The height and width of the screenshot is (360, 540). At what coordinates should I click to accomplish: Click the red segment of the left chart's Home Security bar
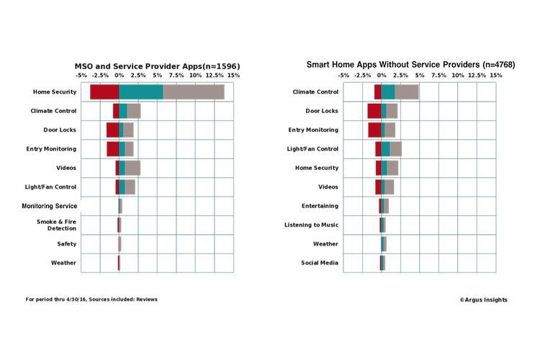point(104,92)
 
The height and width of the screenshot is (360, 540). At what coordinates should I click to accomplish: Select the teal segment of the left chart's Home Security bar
point(141,92)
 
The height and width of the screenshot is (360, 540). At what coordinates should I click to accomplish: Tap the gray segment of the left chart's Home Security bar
point(194,92)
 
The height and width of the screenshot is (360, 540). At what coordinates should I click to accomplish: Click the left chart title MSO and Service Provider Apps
point(157,66)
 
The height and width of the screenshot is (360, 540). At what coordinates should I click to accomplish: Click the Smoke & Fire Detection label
point(56,225)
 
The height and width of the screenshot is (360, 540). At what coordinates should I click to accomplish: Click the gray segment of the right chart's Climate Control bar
point(406,92)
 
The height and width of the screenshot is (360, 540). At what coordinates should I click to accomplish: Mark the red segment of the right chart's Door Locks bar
point(374,111)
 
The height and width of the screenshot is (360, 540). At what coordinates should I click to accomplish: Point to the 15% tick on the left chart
point(233,75)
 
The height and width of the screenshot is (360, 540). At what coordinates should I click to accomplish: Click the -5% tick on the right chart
point(343,75)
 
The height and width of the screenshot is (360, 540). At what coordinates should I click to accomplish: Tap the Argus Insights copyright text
point(483,300)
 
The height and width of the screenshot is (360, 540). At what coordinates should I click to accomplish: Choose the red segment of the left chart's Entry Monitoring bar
point(112,149)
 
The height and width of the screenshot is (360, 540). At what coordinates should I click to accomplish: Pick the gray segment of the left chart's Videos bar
point(132,168)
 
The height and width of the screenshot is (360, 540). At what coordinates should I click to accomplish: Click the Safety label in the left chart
point(67,244)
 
